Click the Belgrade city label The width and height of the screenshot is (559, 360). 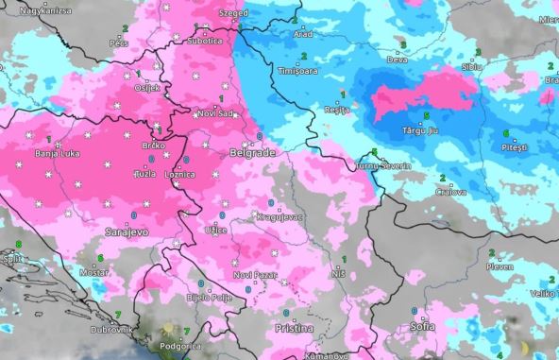click(252, 151)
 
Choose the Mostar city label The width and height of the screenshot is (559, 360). click(95, 271)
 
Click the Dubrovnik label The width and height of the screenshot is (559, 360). click(111, 329)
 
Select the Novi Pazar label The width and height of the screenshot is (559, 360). click(254, 275)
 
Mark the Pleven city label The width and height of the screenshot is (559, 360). click(499, 266)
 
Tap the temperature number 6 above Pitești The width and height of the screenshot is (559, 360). click(506, 133)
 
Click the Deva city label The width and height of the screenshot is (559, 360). click(401, 59)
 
